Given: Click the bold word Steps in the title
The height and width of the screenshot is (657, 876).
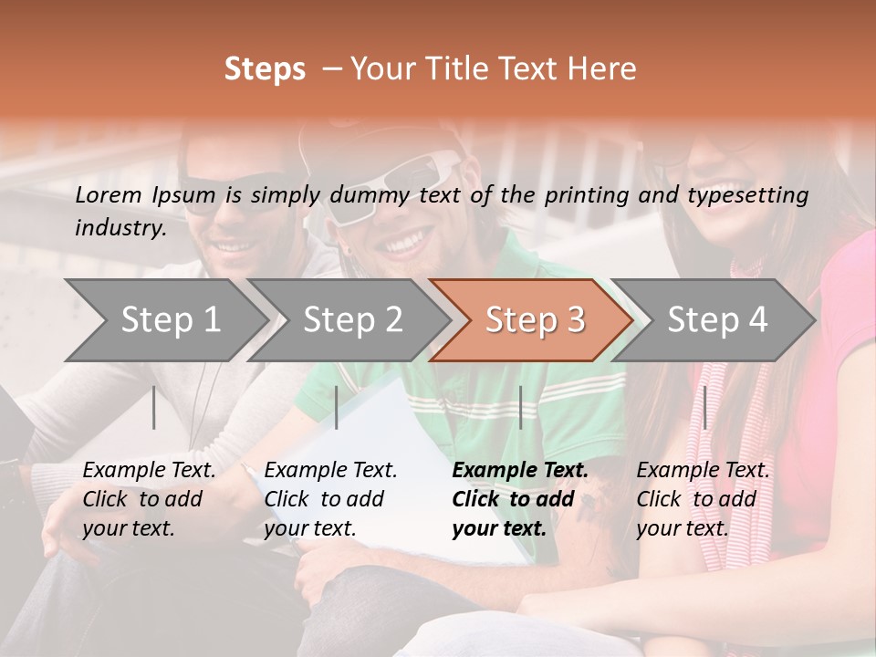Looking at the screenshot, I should click(x=265, y=69).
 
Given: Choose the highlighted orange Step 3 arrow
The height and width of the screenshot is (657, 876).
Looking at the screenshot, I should click(x=535, y=319).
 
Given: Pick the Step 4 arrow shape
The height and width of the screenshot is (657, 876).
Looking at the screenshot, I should click(x=717, y=319).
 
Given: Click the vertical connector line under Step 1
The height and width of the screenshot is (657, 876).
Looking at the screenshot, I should click(x=154, y=407).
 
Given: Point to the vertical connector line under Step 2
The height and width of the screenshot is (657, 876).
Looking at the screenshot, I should click(x=337, y=407).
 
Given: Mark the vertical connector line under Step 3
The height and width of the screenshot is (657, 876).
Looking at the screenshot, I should click(x=520, y=407).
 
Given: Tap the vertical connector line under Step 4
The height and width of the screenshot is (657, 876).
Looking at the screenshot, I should click(x=704, y=407).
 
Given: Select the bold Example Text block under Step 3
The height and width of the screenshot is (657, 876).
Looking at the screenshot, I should click(x=520, y=499).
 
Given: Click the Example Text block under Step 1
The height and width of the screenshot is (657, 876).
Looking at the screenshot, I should click(x=149, y=499).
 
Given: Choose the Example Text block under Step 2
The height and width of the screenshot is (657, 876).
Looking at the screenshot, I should click(x=330, y=499).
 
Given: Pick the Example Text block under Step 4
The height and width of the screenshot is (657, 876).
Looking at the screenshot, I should click(x=703, y=499).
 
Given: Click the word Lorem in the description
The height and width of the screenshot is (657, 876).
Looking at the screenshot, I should click(x=109, y=194).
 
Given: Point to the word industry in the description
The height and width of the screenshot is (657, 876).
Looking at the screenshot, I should click(x=120, y=227).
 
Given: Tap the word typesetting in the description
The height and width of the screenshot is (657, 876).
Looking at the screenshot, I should click(x=747, y=194).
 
